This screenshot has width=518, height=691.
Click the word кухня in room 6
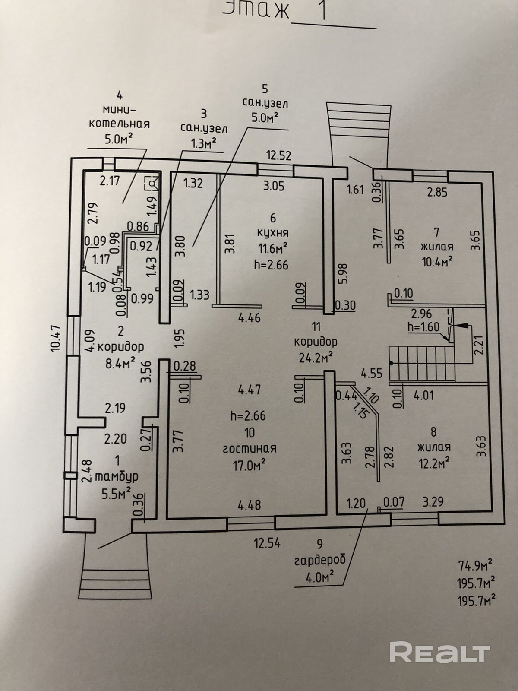(272, 233)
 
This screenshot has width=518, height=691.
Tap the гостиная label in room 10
(250, 449)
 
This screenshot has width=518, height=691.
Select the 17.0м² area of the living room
(250, 465)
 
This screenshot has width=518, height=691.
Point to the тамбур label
(116, 477)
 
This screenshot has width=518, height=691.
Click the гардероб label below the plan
(320, 560)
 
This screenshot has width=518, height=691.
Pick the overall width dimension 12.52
(278, 155)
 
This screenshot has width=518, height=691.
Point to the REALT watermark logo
(440, 652)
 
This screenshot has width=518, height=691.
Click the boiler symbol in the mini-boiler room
(152, 183)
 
